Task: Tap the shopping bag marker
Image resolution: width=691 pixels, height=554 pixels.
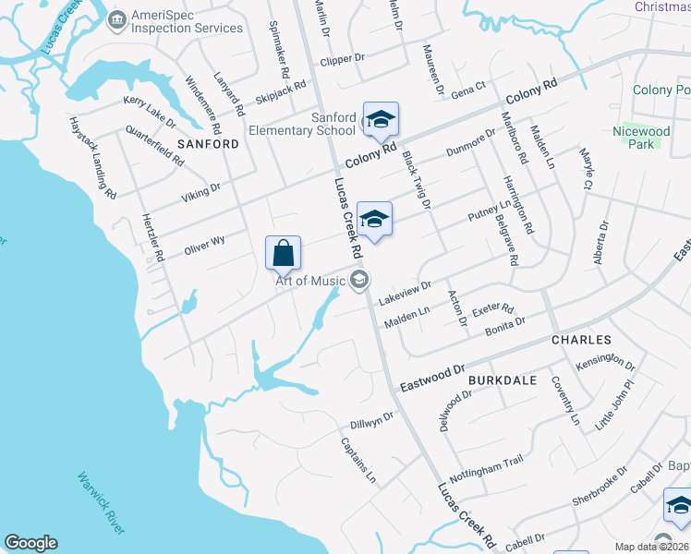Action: pyautogui.click(x=283, y=252)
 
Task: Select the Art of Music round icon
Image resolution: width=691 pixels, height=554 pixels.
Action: pyautogui.click(x=358, y=279)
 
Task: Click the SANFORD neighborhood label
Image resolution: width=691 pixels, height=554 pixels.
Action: pyautogui.click(x=208, y=144)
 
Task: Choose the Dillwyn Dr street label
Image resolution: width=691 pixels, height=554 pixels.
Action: pyautogui.click(x=372, y=421)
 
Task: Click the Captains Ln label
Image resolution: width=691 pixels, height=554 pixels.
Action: pyautogui.click(x=358, y=459)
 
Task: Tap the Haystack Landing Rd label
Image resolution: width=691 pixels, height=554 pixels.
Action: pyautogui.click(x=93, y=158)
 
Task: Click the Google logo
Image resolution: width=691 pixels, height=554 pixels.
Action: pyautogui.click(x=30, y=543)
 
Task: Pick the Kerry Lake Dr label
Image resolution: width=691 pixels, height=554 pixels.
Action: pyautogui.click(x=149, y=109)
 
